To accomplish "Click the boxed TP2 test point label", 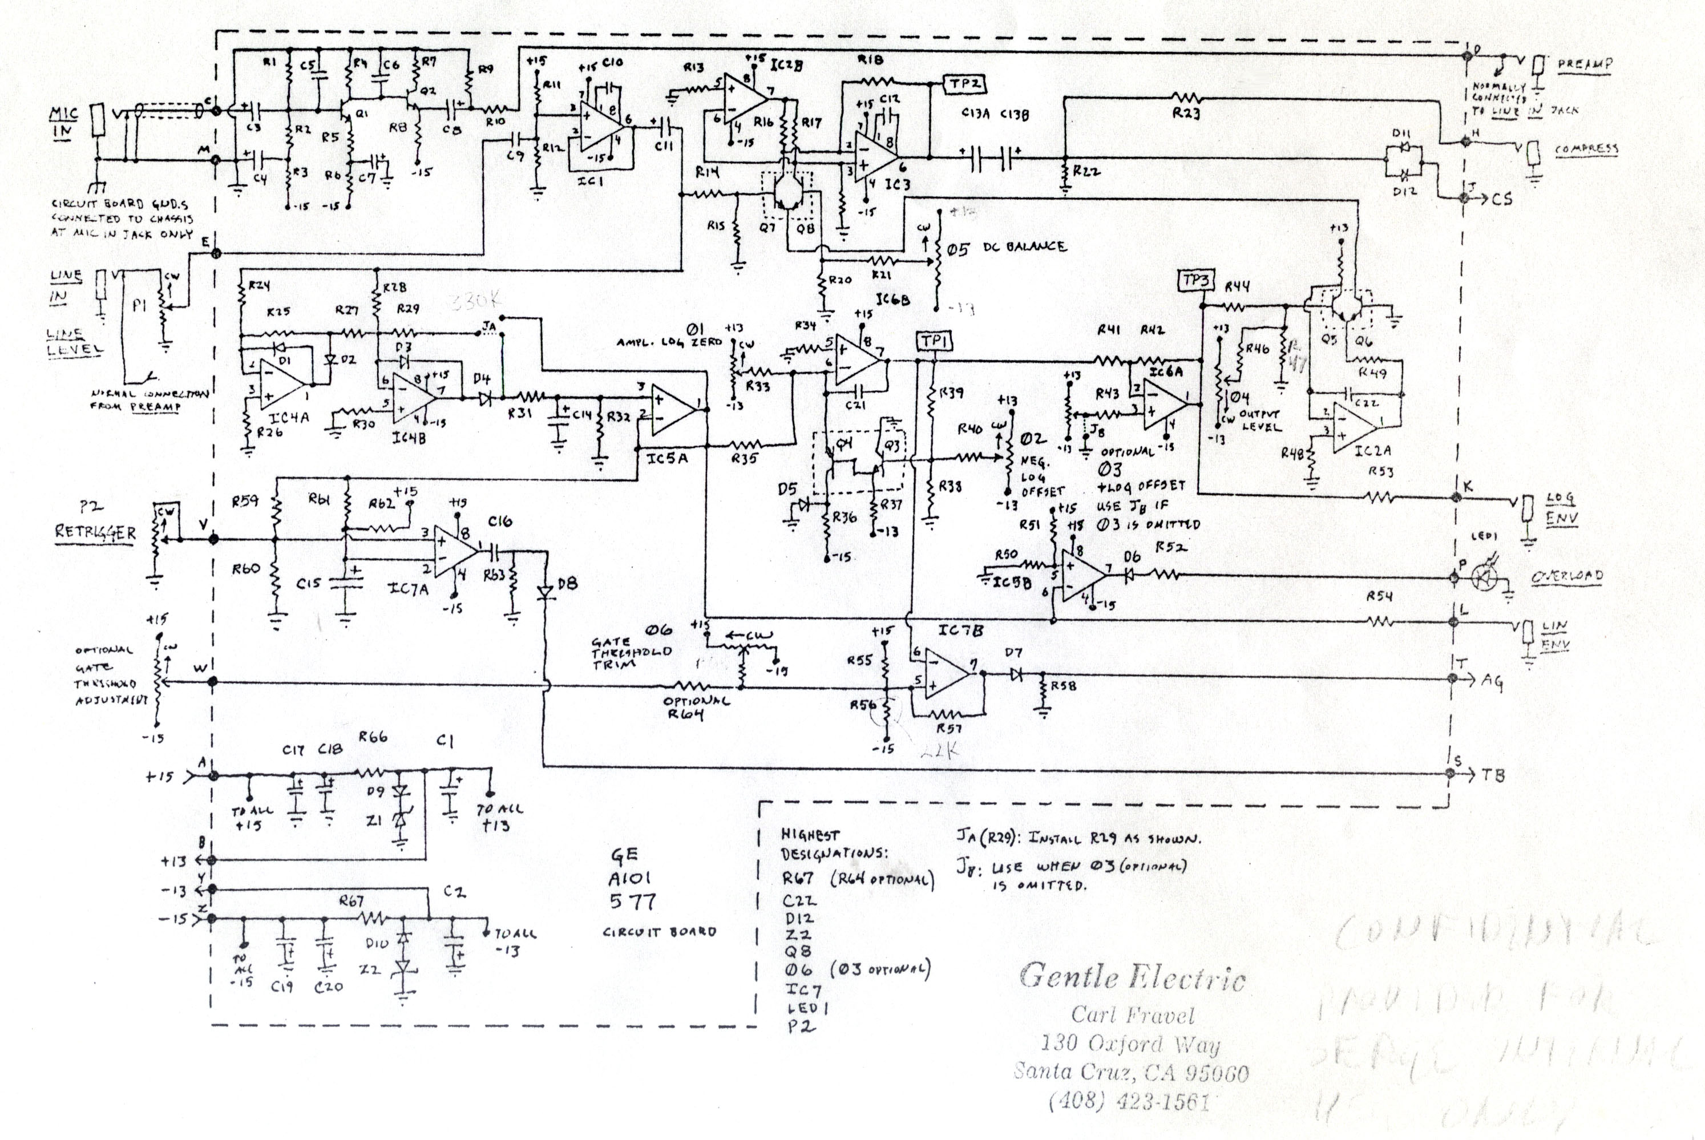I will [x=963, y=84].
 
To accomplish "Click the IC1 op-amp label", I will [x=591, y=181].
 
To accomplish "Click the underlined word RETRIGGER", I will [x=95, y=532].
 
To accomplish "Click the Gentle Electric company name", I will [x=1132, y=976].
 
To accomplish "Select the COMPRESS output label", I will [x=1586, y=149].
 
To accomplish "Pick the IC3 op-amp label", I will [x=897, y=185].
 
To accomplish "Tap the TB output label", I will [x=1493, y=776].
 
